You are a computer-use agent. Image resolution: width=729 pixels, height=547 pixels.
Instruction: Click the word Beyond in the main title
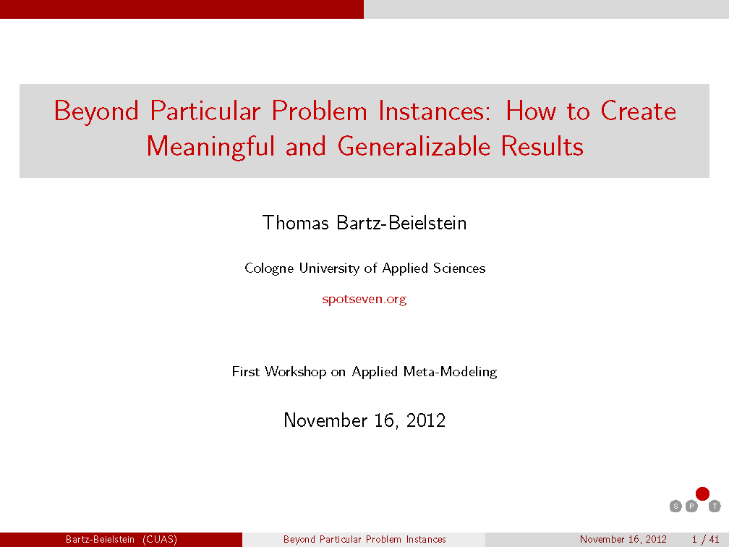(96, 111)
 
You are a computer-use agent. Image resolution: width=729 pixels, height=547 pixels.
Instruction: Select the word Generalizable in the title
(414, 146)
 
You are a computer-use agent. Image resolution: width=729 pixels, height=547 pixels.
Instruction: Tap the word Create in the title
(638, 111)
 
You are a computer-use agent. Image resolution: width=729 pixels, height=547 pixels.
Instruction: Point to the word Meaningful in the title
(210, 146)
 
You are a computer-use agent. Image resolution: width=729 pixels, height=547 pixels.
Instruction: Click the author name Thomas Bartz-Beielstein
(364, 223)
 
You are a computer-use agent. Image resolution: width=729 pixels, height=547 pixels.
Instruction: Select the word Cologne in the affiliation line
(269, 268)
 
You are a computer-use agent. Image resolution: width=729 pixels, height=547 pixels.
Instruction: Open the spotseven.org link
(364, 299)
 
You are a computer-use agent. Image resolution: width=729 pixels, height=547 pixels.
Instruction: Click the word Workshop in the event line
(295, 372)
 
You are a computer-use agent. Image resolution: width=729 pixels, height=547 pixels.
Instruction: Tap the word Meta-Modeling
(450, 372)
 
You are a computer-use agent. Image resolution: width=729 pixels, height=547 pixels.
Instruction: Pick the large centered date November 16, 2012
(364, 420)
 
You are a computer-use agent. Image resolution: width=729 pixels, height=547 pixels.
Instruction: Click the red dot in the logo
(702, 493)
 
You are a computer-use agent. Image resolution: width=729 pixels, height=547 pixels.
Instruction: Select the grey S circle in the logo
(675, 506)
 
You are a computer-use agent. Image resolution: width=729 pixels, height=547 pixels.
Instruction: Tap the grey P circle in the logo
(691, 506)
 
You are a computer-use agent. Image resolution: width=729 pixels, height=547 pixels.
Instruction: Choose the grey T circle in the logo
(715, 506)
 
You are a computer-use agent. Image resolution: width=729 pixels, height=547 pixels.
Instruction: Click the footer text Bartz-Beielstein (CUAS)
(121, 540)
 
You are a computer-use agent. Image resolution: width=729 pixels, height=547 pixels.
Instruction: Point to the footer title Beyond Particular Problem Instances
(364, 540)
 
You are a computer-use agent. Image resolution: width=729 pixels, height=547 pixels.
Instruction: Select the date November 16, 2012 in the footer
(623, 540)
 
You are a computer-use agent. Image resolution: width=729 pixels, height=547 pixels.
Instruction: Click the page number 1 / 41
(705, 540)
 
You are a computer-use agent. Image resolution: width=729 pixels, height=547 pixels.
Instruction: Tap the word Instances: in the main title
(434, 111)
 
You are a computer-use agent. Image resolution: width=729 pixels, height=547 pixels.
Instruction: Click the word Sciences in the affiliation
(459, 268)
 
